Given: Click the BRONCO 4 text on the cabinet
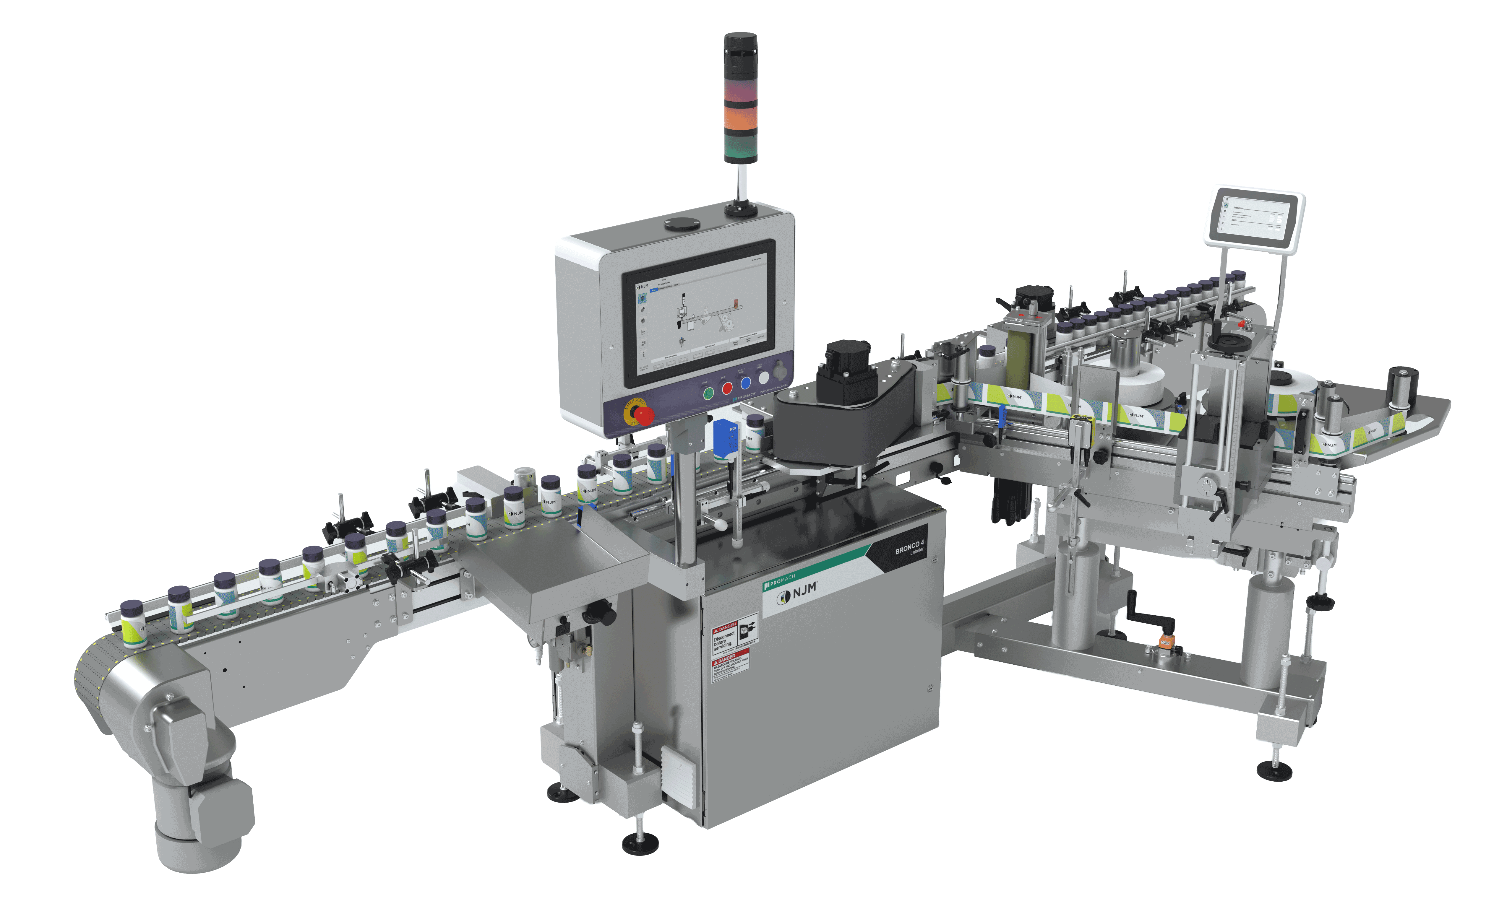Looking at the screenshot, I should pyautogui.click(x=909, y=547).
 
